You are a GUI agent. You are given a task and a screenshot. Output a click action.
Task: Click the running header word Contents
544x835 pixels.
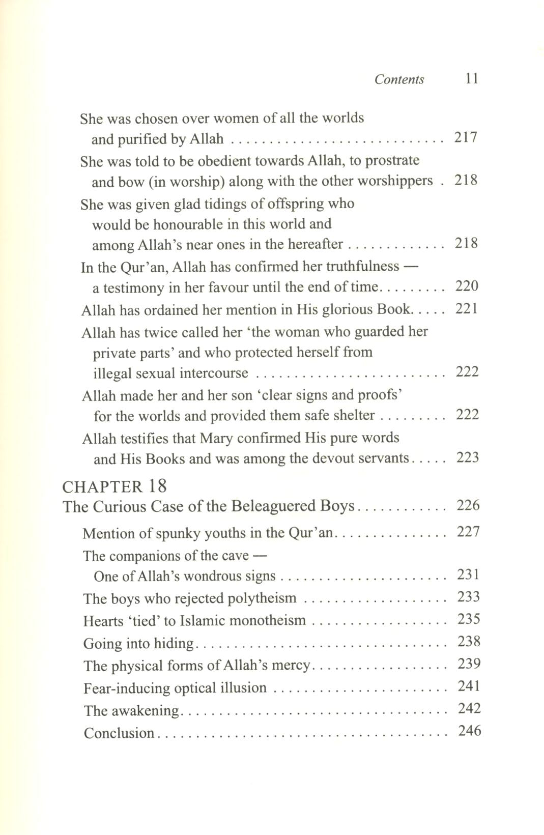[399, 79]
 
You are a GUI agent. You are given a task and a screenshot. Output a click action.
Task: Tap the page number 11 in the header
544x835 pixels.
[471, 79]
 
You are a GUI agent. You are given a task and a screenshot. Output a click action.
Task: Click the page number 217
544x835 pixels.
[466, 138]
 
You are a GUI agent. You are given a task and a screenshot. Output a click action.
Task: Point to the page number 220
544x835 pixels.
[467, 286]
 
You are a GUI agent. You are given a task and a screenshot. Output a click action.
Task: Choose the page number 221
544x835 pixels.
[467, 309]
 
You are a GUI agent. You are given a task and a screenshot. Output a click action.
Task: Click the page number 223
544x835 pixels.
[468, 458]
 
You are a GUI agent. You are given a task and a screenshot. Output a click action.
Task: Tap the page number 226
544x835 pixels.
[468, 506]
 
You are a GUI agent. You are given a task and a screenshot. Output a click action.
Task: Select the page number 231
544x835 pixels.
[468, 575]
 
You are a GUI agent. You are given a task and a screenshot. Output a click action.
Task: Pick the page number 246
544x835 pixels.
[469, 731]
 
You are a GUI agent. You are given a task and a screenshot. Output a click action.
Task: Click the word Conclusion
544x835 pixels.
[119, 733]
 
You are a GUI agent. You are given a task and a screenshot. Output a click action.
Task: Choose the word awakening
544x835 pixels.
[148, 711]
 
